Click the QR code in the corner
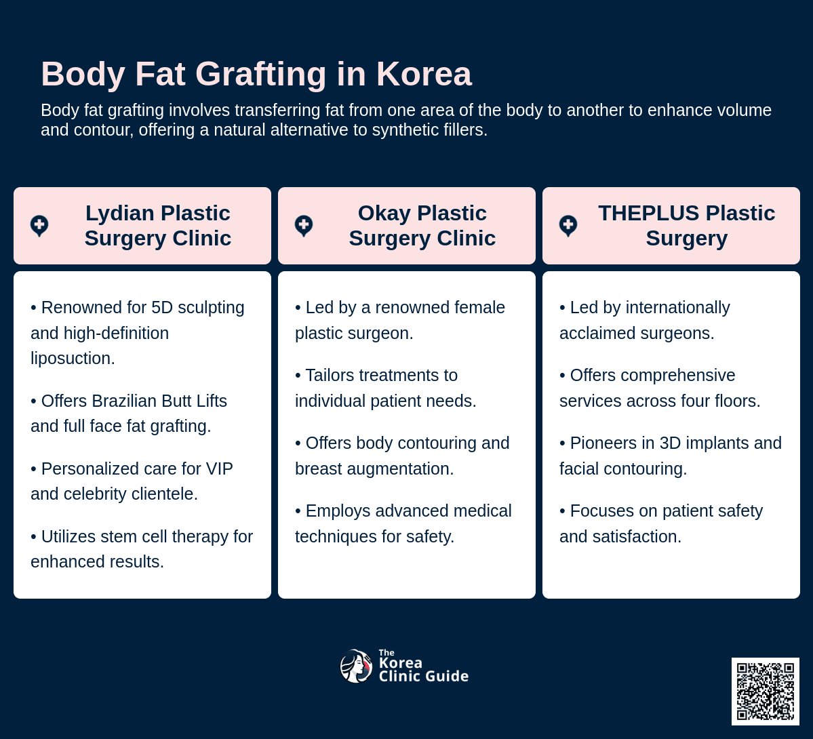[766, 692]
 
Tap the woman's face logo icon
[356, 666]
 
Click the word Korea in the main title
[424, 74]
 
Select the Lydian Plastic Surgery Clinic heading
[157, 226]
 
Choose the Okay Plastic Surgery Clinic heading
[422, 226]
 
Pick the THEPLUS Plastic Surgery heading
[686, 226]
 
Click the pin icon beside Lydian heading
[39, 226]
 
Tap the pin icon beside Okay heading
[304, 226]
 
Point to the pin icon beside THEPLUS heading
[568, 226]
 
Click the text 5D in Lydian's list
[162, 308]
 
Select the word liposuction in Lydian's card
[73, 359]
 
